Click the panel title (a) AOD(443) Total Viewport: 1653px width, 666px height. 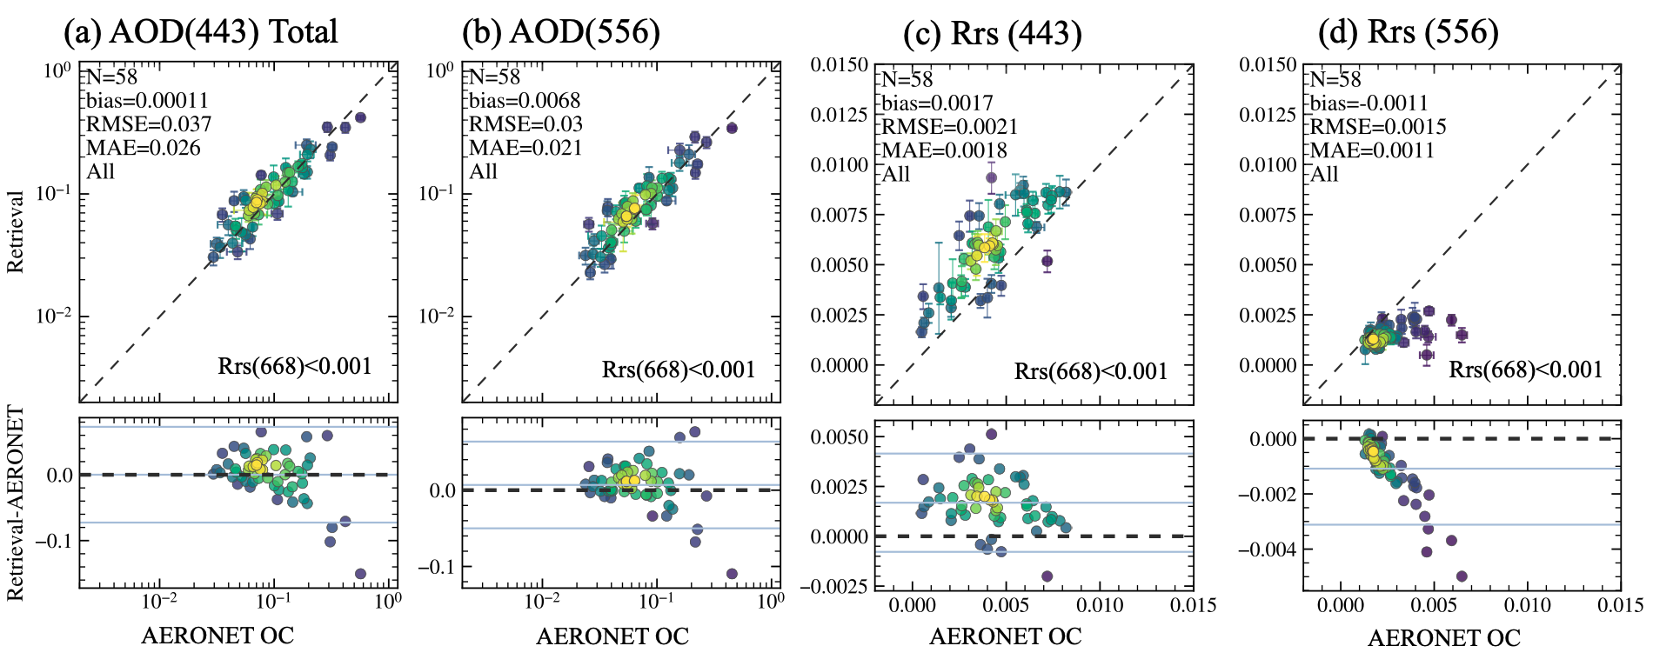tap(201, 32)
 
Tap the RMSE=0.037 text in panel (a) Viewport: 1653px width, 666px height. tap(149, 124)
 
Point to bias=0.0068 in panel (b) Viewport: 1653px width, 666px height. tap(525, 101)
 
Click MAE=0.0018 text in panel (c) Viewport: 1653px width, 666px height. tap(944, 150)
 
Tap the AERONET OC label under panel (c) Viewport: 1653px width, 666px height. tap(1005, 636)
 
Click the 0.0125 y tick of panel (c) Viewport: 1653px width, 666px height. tap(839, 115)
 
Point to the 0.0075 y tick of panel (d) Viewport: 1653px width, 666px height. tap(1268, 215)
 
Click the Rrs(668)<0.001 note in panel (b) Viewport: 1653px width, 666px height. tap(679, 370)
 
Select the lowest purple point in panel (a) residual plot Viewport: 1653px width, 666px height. tap(360, 574)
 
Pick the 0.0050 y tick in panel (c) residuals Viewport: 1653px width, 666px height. tap(839, 437)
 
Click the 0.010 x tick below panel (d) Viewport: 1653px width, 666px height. tap(1528, 605)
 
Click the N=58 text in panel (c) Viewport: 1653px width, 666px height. tap(907, 79)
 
